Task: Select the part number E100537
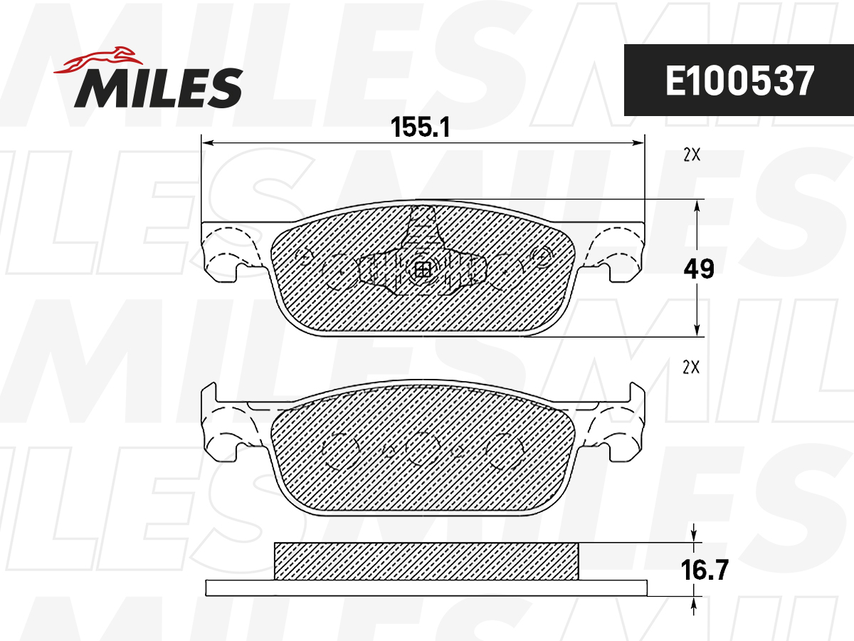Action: pyautogui.click(x=738, y=80)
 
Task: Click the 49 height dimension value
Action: pyautogui.click(x=698, y=269)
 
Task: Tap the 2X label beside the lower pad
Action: pyautogui.click(x=691, y=368)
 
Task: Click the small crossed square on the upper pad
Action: pyautogui.click(x=423, y=270)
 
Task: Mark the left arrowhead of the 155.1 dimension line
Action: pyautogui.click(x=208, y=144)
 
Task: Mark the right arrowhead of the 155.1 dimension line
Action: pyautogui.click(x=638, y=144)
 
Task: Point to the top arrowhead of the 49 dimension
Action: pyautogui.click(x=697, y=205)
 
